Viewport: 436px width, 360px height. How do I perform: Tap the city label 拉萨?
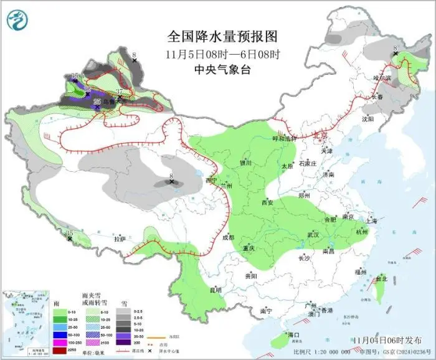coord(120,239)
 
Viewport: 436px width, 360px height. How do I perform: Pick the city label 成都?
coord(227,237)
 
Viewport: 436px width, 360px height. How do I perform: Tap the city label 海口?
coord(293,336)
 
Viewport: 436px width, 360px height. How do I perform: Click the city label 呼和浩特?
coord(285,138)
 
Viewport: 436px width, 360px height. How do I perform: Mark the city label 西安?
coord(267,203)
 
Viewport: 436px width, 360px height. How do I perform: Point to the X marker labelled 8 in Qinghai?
coord(171,181)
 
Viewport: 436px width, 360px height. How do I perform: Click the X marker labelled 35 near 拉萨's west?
coord(70,238)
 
